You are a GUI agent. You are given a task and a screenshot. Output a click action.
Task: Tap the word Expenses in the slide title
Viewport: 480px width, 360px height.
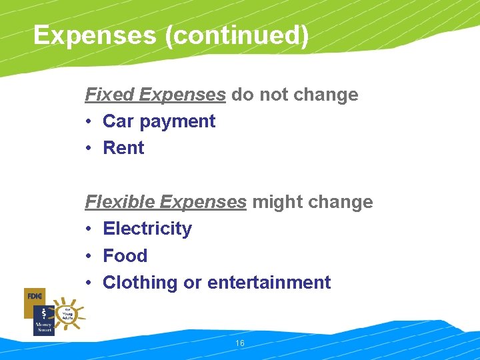[x=94, y=35]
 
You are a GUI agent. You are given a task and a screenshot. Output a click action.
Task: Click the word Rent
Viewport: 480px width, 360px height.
[x=123, y=148]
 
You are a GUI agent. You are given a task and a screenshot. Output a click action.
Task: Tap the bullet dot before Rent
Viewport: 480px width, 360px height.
[x=89, y=148]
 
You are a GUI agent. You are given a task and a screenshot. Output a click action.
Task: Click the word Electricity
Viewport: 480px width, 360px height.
[x=147, y=229]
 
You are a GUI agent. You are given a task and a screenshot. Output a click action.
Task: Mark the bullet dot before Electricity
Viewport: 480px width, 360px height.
[x=89, y=229]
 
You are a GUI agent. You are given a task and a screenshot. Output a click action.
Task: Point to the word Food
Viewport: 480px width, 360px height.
[x=125, y=256]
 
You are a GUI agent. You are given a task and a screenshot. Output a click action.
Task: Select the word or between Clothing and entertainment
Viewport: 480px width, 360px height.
[x=192, y=283]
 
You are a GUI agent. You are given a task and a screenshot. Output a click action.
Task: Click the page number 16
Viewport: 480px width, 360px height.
[x=240, y=343]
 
